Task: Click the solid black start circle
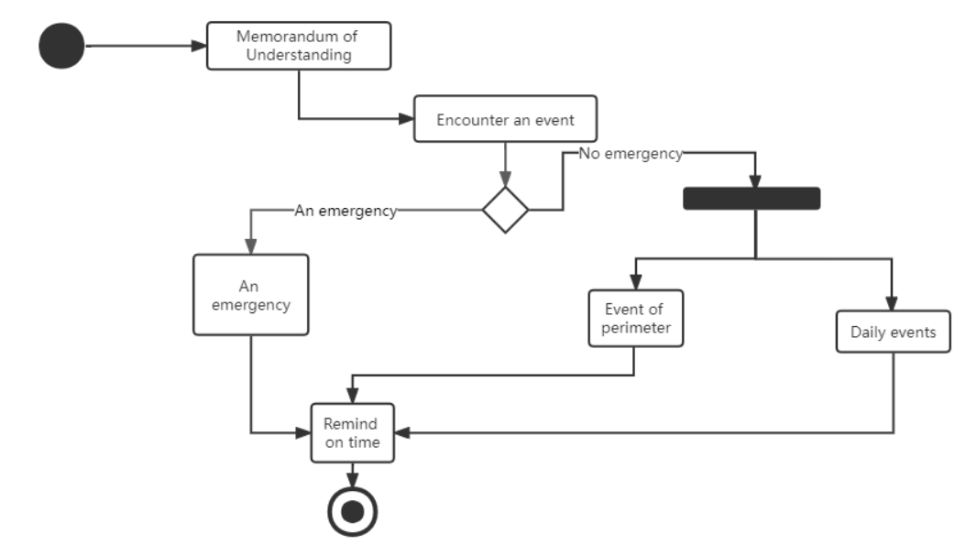61,45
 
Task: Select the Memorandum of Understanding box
299,46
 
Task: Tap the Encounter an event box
505,119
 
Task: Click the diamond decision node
506,210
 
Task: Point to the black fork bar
752,199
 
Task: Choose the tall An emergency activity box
251,294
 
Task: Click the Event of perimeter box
635,318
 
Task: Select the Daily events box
893,332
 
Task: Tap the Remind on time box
352,433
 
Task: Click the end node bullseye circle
352,510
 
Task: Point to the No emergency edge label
631,154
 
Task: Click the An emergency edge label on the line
346,211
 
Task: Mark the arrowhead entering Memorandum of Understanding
199,45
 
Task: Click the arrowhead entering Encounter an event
406,119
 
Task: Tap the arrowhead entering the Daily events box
892,305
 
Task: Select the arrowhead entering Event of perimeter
634,282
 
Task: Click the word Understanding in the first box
299,55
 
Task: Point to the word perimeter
635,327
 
